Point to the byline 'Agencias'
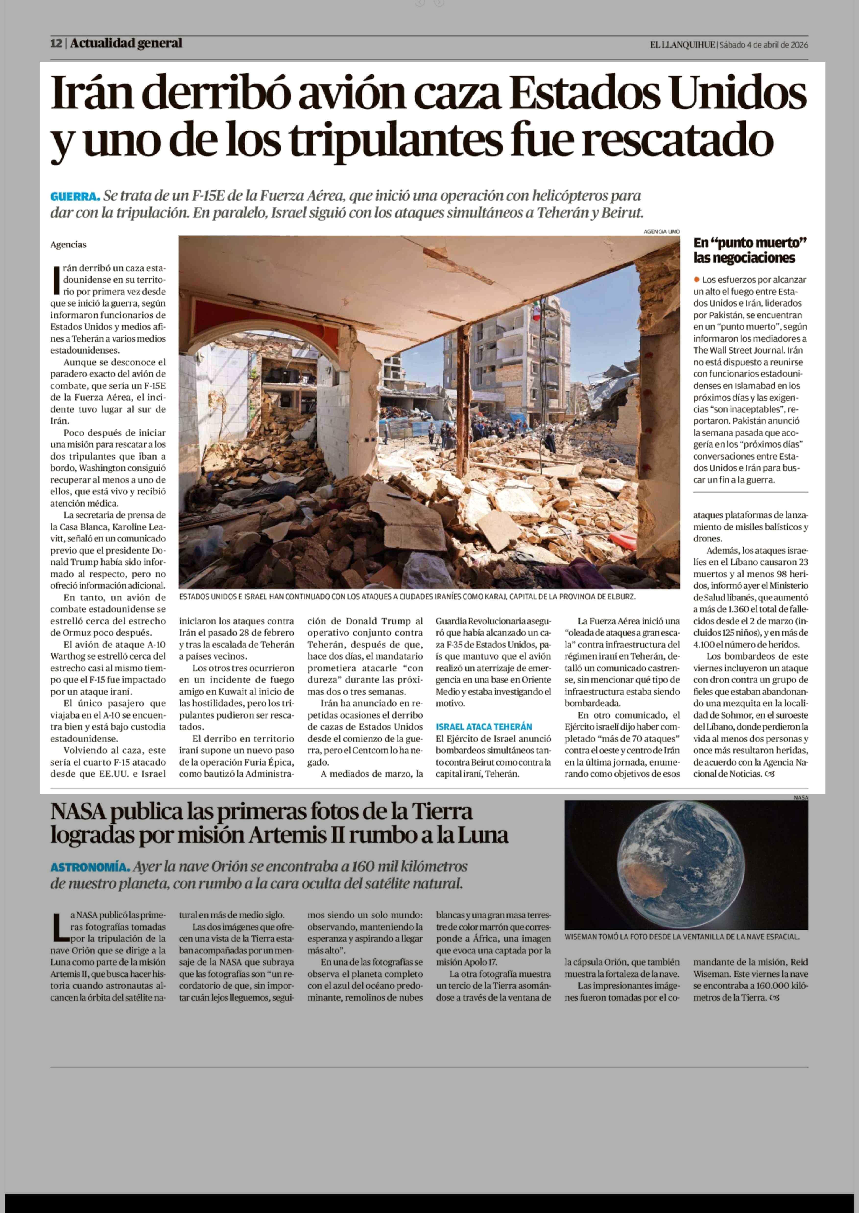pos(68,245)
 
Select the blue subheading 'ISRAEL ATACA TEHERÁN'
pos(483,727)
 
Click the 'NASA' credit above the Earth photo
pos(800,798)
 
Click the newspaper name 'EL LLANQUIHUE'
pos(682,45)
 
